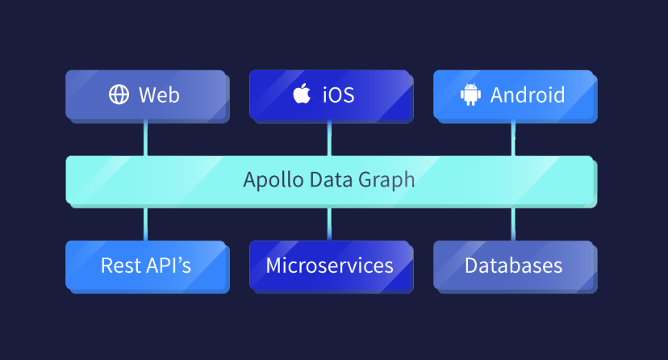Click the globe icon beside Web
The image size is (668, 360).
[x=119, y=94]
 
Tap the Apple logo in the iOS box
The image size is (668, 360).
[x=302, y=94]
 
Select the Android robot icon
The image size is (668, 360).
[x=470, y=94]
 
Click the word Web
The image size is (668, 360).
[x=159, y=94]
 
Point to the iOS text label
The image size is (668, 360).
[x=338, y=94]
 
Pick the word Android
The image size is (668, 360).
[x=528, y=94]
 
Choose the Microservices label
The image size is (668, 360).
[x=329, y=265]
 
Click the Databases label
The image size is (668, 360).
[x=513, y=265]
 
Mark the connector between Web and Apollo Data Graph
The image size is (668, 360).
[x=145, y=138]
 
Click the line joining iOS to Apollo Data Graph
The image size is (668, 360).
[x=329, y=138]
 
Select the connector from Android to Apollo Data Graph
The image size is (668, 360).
[x=513, y=138]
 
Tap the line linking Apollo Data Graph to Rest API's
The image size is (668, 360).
[x=145, y=223]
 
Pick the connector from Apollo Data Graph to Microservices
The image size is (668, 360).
[x=329, y=223]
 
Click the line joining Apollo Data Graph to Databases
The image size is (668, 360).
[x=513, y=223]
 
